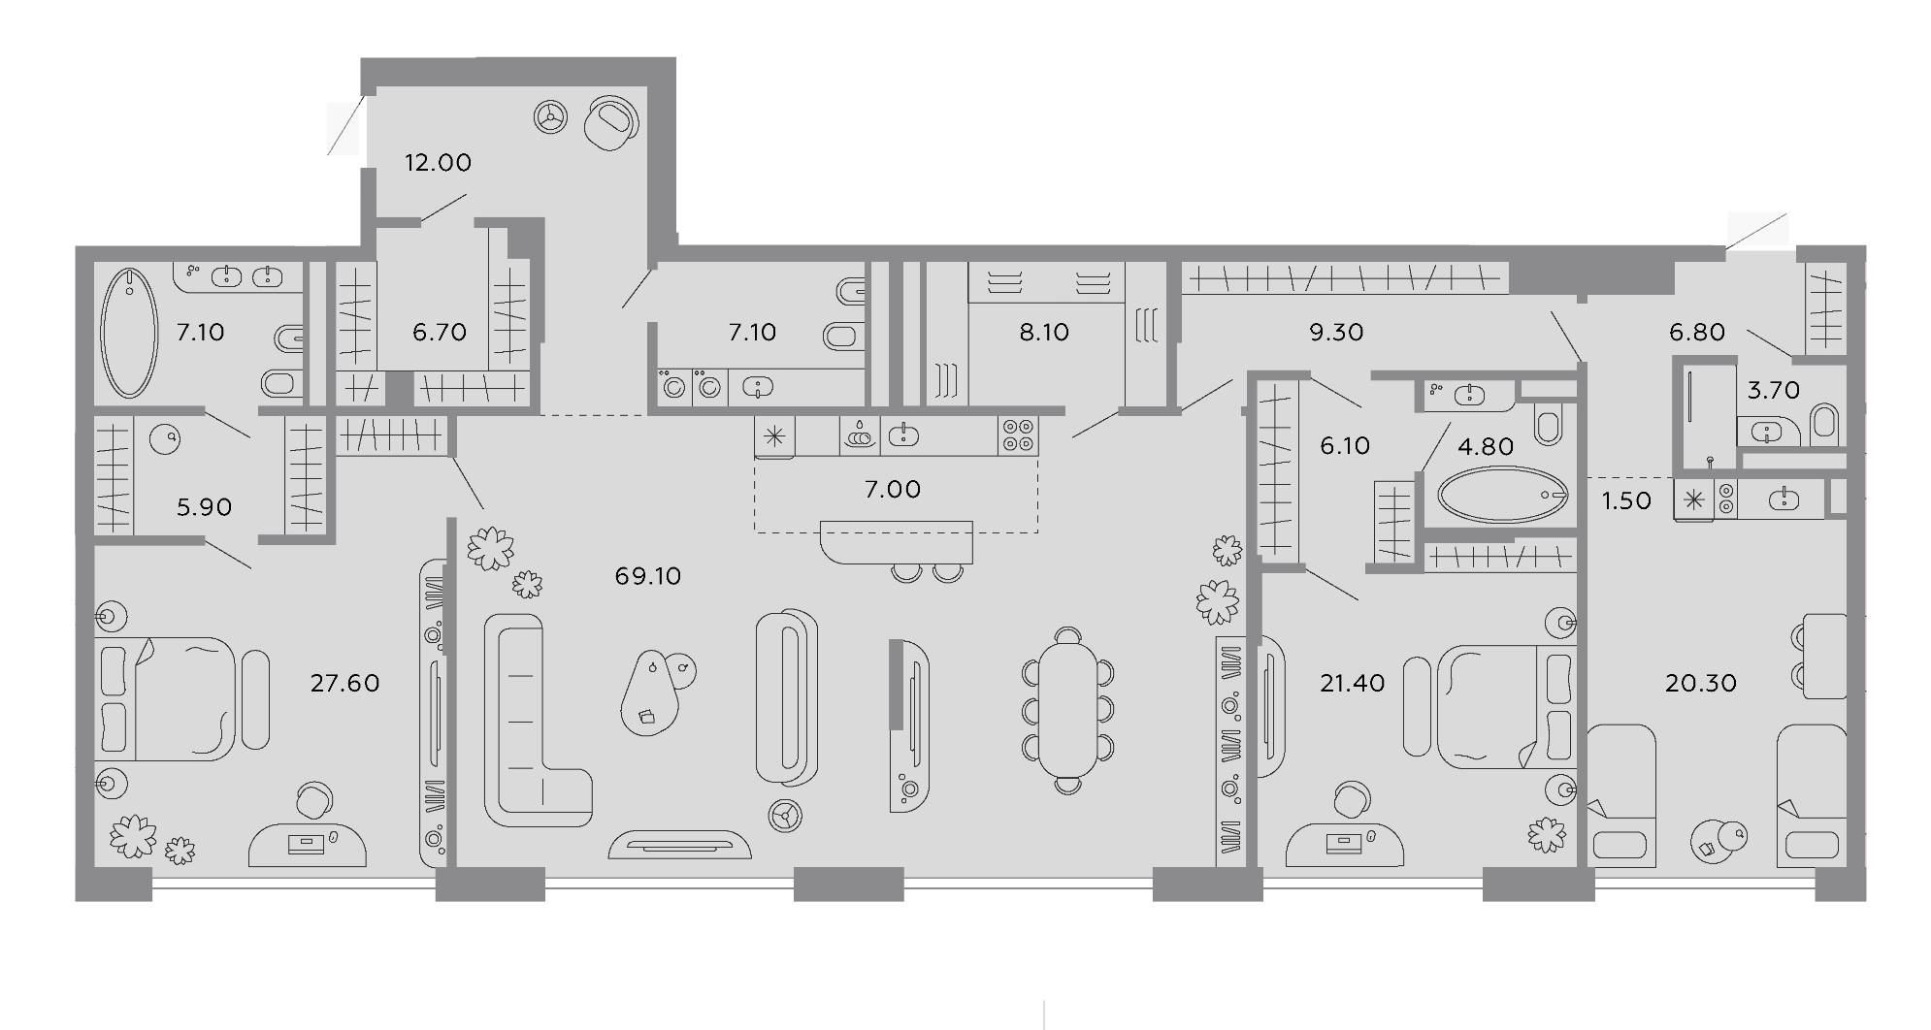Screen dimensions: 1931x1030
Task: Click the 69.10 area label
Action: point(648,576)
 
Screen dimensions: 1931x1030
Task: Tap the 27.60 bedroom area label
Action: point(344,683)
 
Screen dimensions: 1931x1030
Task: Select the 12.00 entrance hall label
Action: point(438,162)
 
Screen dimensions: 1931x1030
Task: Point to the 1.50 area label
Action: point(1625,500)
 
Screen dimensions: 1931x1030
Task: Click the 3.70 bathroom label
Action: point(1773,390)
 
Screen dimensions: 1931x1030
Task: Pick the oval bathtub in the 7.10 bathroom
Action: point(129,332)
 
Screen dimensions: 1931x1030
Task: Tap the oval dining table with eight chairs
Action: point(1067,711)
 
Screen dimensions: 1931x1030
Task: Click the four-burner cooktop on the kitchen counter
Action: point(1018,435)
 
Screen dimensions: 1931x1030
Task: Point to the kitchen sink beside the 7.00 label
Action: point(903,435)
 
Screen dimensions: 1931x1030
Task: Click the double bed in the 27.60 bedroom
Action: point(166,698)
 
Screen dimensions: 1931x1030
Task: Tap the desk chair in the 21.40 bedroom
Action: point(1352,801)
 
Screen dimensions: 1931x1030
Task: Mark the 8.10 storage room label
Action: point(1043,332)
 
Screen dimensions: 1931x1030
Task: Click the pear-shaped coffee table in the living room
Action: point(650,692)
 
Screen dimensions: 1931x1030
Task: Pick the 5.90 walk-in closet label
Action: point(204,506)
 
